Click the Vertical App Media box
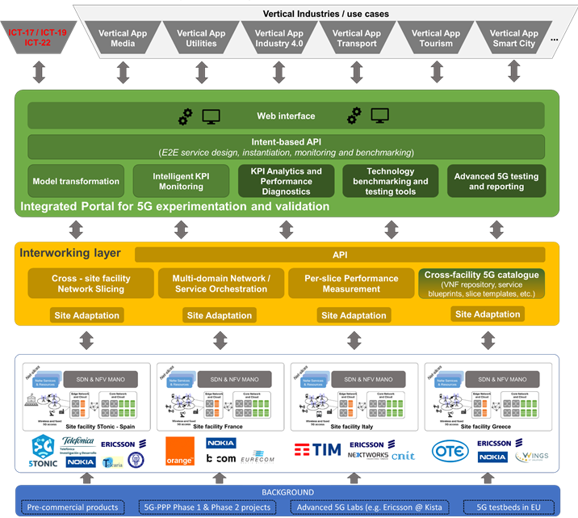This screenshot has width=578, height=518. (x=123, y=39)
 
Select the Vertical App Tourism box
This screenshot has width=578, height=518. (x=437, y=39)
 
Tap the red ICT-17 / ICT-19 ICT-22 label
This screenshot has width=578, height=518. (x=37, y=37)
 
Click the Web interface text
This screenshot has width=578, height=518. (x=286, y=116)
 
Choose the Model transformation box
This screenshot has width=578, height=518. (x=77, y=181)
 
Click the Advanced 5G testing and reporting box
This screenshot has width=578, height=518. (x=496, y=181)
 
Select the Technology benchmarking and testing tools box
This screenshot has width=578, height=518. (x=391, y=181)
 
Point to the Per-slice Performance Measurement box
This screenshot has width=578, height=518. (x=351, y=284)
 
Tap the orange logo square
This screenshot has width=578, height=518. (x=180, y=451)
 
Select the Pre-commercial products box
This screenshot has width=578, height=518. (x=73, y=507)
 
